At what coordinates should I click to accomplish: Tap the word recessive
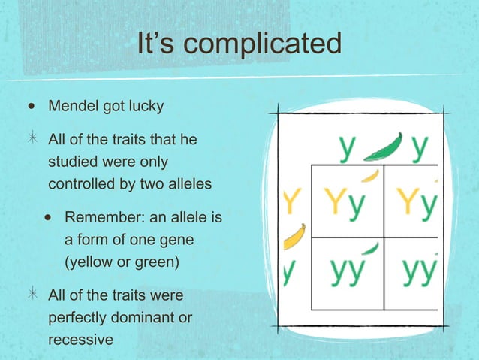click(80, 339)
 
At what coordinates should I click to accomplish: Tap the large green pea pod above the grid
click(384, 147)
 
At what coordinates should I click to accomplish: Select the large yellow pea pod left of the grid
click(294, 237)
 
